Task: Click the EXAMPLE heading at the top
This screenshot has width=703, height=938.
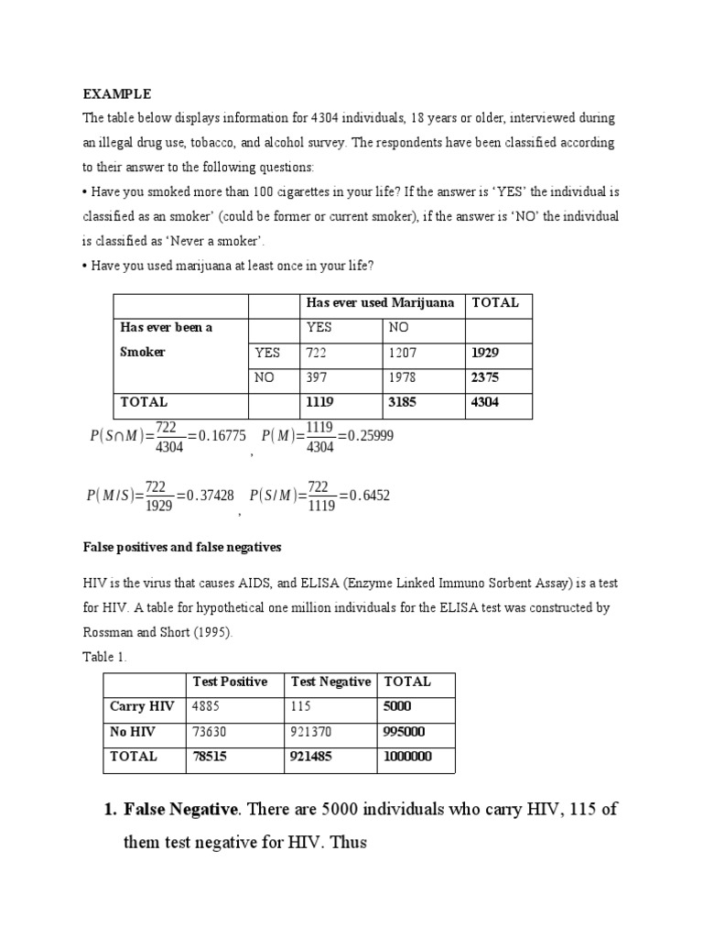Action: tap(117, 94)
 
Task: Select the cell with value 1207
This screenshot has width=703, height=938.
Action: tap(406, 353)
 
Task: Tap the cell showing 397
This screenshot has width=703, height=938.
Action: tap(319, 377)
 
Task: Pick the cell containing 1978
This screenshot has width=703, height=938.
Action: tap(406, 377)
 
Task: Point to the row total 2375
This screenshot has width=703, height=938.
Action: tap(486, 377)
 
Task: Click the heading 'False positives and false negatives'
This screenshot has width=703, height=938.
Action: tap(181, 547)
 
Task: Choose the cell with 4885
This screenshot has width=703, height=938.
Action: tap(208, 707)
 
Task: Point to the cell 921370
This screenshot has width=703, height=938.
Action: tap(312, 732)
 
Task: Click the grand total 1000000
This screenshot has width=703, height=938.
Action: tap(408, 757)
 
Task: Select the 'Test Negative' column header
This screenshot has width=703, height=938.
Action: tap(330, 682)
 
